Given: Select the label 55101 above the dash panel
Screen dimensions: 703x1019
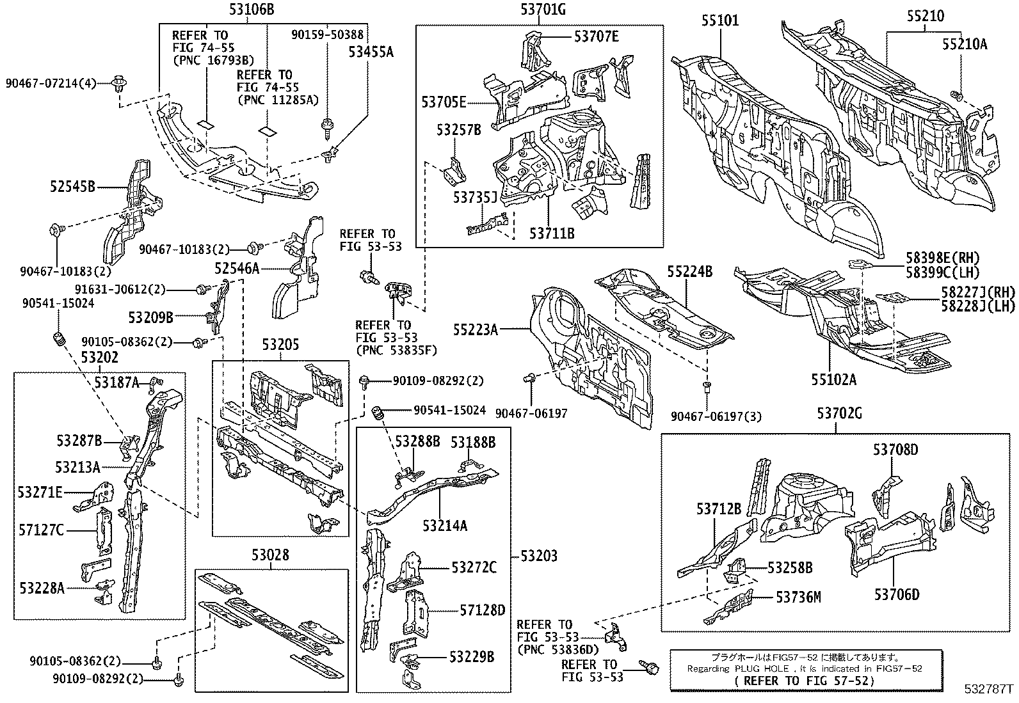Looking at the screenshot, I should pos(720,20).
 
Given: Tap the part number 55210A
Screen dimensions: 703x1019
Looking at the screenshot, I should pos(965,43).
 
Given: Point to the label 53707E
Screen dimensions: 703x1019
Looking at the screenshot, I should pos(597,36).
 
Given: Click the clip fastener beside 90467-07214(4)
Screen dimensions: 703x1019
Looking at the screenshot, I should pos(118,83).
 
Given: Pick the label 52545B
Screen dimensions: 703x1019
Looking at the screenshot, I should pos(73,187).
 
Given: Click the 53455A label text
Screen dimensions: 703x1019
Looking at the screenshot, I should pos(371,52).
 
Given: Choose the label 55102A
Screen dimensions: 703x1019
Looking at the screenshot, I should pos(834,379).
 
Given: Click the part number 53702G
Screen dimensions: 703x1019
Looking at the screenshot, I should pos(839,414).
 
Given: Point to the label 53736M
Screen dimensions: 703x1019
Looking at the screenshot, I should pos(798,597).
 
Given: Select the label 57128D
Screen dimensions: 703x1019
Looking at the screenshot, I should pos(483,610).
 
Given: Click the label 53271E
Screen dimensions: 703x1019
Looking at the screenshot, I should pos(40,492).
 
